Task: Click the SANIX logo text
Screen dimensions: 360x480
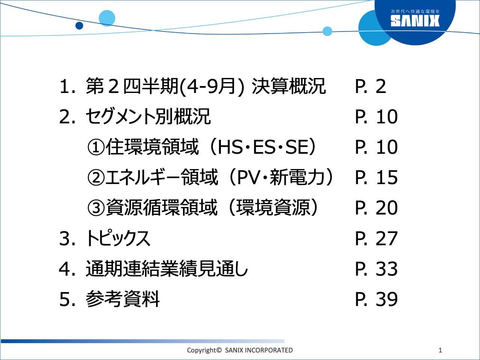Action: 415,21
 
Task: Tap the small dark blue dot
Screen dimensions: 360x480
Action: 79,25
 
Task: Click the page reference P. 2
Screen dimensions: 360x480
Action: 370,87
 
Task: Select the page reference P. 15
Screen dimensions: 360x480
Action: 376,177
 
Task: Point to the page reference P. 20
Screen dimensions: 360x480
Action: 376,208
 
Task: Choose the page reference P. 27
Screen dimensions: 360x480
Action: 376,238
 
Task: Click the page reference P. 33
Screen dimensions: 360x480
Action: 376,269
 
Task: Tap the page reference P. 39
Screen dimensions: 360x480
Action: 376,299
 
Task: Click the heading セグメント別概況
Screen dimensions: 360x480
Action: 148,117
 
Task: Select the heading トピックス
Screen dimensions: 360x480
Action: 118,238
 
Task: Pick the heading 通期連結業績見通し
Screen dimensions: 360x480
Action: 167,269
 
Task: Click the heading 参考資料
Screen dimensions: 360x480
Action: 123,299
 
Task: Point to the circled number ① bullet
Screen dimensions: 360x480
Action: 96,147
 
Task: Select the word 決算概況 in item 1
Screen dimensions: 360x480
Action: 288,87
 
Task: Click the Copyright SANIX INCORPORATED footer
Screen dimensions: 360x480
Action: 240,350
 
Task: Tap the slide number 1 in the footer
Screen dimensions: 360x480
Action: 440,350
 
